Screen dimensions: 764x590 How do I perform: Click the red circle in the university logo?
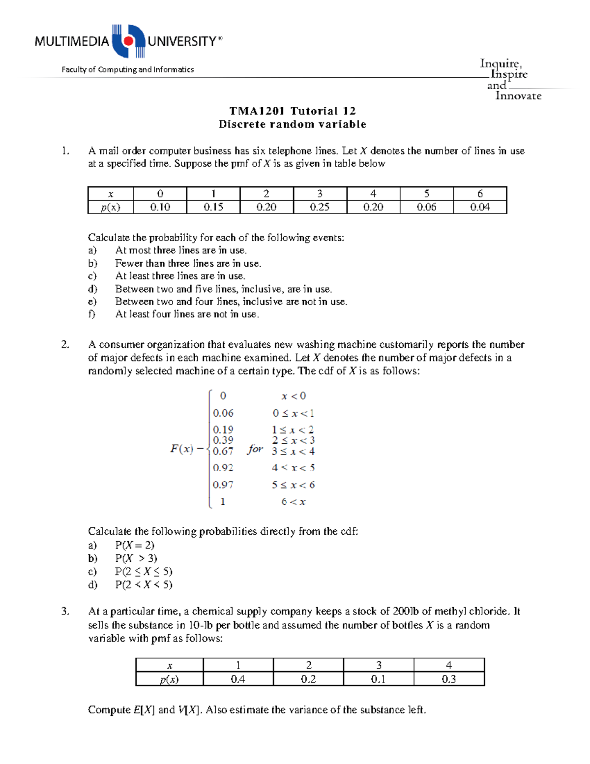128,41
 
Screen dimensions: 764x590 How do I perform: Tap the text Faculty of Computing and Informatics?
127,69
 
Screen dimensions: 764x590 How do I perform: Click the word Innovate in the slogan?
518,96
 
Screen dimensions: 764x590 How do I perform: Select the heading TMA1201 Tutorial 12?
292,111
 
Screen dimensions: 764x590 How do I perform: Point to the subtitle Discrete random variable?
292,124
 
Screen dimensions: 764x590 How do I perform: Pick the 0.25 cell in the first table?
320,207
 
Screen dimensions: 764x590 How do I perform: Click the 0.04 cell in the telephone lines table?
479,207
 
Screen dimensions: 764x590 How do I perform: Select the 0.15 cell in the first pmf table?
213,207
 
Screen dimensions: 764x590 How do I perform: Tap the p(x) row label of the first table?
111,207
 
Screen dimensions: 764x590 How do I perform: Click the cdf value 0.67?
223,451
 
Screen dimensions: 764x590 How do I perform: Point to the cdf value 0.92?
223,467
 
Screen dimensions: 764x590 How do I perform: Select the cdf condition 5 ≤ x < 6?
293,485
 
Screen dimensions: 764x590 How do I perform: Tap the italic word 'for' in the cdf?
255,449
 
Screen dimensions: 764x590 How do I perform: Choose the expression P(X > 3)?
136,558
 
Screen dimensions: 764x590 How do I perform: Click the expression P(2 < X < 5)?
144,585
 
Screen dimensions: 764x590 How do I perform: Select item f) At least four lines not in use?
187,314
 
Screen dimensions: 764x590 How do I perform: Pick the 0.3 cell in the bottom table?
448,679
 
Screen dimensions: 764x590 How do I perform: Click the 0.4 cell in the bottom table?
238,679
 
